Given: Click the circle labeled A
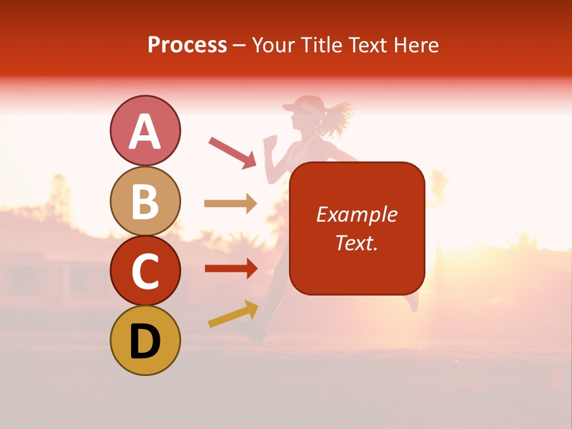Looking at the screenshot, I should (145, 130).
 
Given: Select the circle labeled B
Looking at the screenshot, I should (145, 201).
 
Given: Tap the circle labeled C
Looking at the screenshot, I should (145, 271).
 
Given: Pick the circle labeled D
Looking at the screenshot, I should (145, 340).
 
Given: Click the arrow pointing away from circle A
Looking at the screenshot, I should (232, 152).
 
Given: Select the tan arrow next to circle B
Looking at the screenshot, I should (231, 204).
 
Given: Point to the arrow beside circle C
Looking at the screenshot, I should (231, 268).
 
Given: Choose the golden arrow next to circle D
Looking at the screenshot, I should (233, 314).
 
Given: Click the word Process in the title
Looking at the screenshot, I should (187, 45).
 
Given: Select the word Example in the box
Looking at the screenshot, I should (356, 214).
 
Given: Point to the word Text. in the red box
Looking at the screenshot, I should (356, 243).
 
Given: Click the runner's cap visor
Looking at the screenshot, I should (291, 107).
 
